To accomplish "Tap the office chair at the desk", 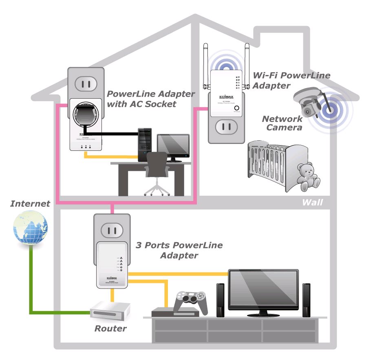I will coord(157,171).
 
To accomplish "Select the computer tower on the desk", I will coord(144,143).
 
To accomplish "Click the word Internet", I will coord(30,203).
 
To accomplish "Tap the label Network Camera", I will coord(282,123).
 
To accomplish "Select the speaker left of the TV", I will coord(220,299).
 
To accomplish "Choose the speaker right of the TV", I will coord(306,299).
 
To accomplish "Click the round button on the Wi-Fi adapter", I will coord(236,109).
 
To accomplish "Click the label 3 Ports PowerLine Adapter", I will coord(179,250).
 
